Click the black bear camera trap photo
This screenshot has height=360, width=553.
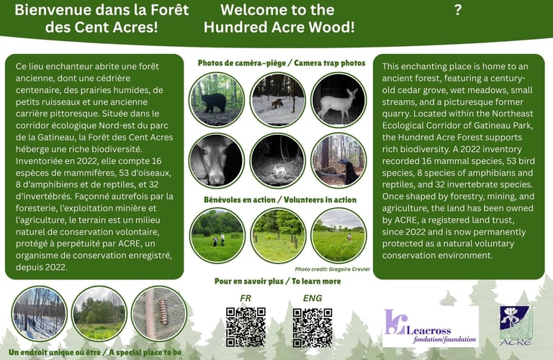pos(217,100)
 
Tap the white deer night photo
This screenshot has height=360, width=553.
pos(338,100)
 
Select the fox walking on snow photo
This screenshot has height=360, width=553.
pos(278,100)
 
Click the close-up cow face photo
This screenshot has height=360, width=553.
pos(217,161)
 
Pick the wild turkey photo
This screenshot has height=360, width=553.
pos(338,161)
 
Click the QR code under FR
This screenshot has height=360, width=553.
pos(246,327)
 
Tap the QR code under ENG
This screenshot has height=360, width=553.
pos(313,328)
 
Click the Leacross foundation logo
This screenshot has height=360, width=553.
pos(431,326)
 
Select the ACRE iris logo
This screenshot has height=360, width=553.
pos(516,325)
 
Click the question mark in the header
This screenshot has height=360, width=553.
pos(458,10)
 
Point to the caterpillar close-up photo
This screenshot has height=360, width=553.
pos(159,313)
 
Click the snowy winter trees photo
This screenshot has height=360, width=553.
pos(39,313)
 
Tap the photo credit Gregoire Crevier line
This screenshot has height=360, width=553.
pos(332,269)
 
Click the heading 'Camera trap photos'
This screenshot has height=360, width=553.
pos(330,63)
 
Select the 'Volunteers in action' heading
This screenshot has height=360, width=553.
pos(320,200)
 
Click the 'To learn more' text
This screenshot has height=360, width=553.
pos(316,282)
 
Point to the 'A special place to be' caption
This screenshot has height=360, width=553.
pos(145,352)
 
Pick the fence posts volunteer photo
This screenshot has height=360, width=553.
pos(278,235)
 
